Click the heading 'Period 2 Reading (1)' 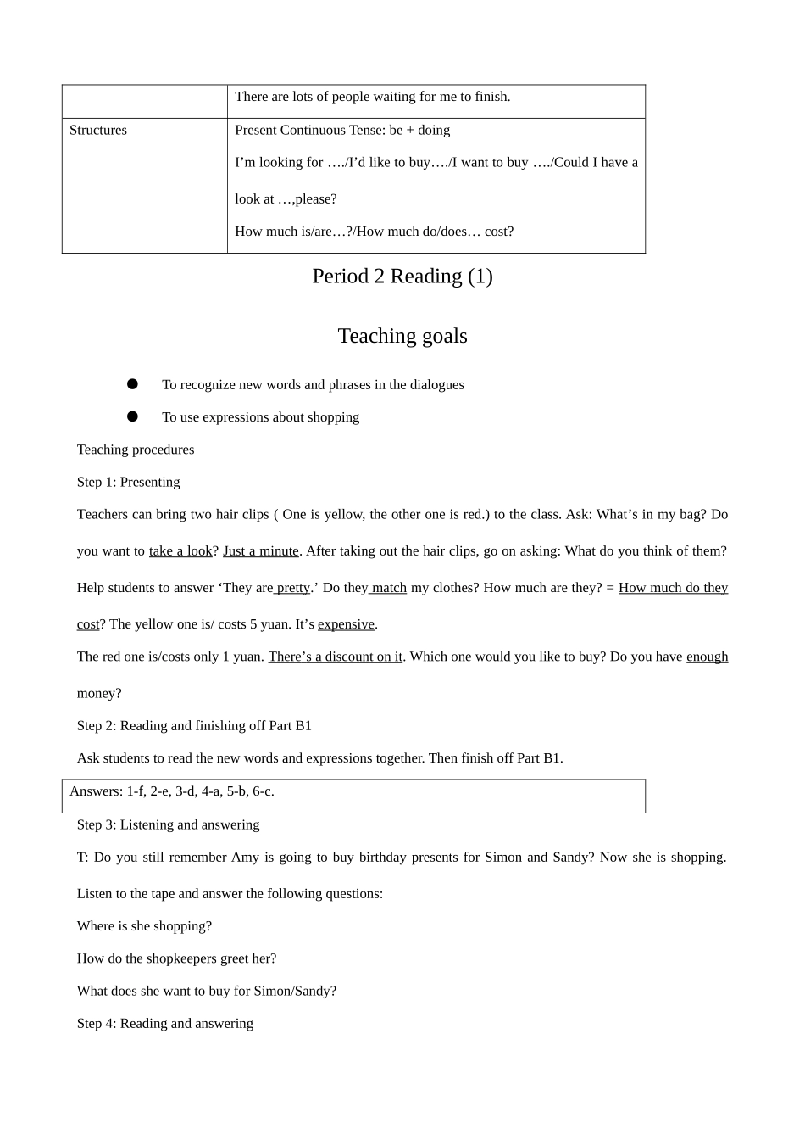(x=402, y=277)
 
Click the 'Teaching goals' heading (x=402, y=336)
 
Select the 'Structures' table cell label (x=98, y=131)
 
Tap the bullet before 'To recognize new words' (x=132, y=384)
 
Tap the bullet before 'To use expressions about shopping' (x=132, y=416)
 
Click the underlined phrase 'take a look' (x=180, y=551)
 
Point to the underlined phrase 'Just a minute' (x=261, y=551)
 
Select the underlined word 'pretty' (x=293, y=588)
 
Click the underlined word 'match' (x=389, y=588)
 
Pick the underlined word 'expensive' (x=346, y=624)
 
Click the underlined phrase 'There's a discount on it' (x=336, y=657)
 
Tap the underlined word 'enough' (x=707, y=657)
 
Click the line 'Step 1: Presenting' (x=129, y=482)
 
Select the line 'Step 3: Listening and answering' (x=169, y=824)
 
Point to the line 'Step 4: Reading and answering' (x=165, y=1023)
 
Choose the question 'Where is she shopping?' (x=145, y=926)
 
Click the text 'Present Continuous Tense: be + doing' (x=342, y=131)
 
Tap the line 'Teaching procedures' (x=136, y=450)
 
